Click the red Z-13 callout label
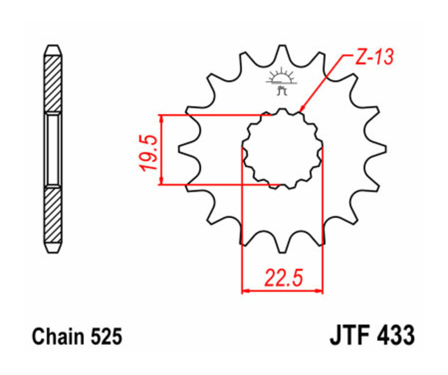click(373, 58)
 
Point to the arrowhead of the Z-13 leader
click(300, 110)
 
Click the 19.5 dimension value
click(150, 151)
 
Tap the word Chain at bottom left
click(54, 337)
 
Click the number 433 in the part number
click(395, 336)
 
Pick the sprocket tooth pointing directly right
click(379, 148)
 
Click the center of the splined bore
click(282, 149)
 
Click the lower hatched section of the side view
click(53, 214)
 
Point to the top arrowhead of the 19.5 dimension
click(161, 118)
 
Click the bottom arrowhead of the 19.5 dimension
click(161, 182)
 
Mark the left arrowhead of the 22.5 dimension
click(245, 290)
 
